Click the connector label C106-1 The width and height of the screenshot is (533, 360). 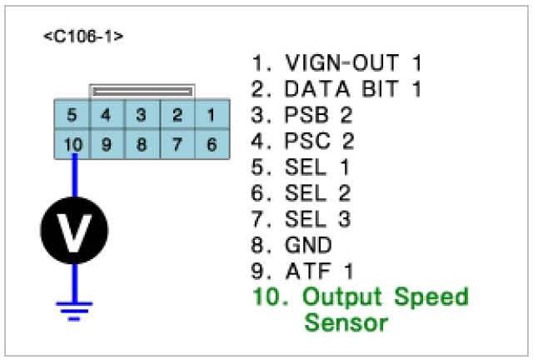(x=83, y=37)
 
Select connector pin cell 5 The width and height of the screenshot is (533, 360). (x=73, y=115)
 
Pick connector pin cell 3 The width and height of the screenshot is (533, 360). (x=142, y=115)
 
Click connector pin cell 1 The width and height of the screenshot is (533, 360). (x=211, y=115)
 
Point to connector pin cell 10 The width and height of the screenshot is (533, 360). (x=73, y=144)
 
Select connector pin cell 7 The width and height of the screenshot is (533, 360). (x=177, y=144)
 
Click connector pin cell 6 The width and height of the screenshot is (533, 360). (x=211, y=144)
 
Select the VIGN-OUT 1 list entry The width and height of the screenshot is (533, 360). (x=336, y=62)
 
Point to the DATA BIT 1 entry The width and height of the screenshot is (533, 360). (x=336, y=89)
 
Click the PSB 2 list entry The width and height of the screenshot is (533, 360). (x=309, y=114)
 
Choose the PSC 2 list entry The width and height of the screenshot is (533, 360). (x=309, y=141)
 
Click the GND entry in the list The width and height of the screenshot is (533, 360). (x=296, y=245)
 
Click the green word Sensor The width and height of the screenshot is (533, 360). (x=346, y=322)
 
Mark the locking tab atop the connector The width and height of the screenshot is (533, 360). (x=142, y=88)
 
